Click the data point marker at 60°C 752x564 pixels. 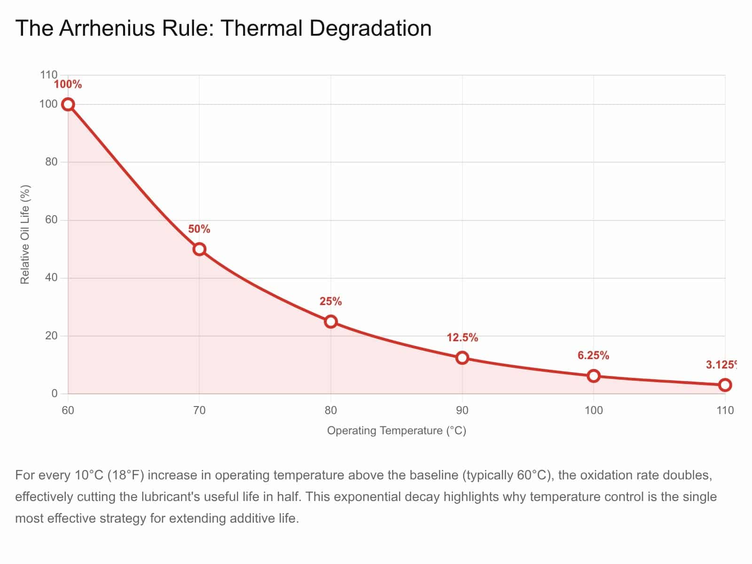pyautogui.click(x=68, y=104)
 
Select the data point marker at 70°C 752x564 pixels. pyautogui.click(x=199, y=249)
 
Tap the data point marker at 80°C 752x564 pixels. pyautogui.click(x=331, y=321)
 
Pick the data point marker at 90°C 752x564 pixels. pyautogui.click(x=462, y=358)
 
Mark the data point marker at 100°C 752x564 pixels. pyautogui.click(x=594, y=376)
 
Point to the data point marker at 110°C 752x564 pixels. pyautogui.click(x=725, y=385)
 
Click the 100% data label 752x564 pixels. pyautogui.click(x=68, y=85)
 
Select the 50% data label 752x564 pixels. pyautogui.click(x=199, y=229)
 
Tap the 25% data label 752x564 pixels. pyautogui.click(x=331, y=302)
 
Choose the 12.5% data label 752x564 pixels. pyautogui.click(x=462, y=338)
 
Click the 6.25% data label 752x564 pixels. pyautogui.click(x=594, y=356)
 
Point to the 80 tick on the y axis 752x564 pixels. pyautogui.click(x=51, y=162)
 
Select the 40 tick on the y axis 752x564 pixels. pyautogui.click(x=51, y=278)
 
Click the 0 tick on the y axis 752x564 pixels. pyautogui.click(x=55, y=394)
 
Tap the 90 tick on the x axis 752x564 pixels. pyautogui.click(x=462, y=410)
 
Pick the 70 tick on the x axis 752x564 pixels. pyautogui.click(x=199, y=410)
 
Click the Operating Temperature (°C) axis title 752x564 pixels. pyautogui.click(x=396, y=431)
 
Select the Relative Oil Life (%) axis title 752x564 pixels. pyautogui.click(x=25, y=235)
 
